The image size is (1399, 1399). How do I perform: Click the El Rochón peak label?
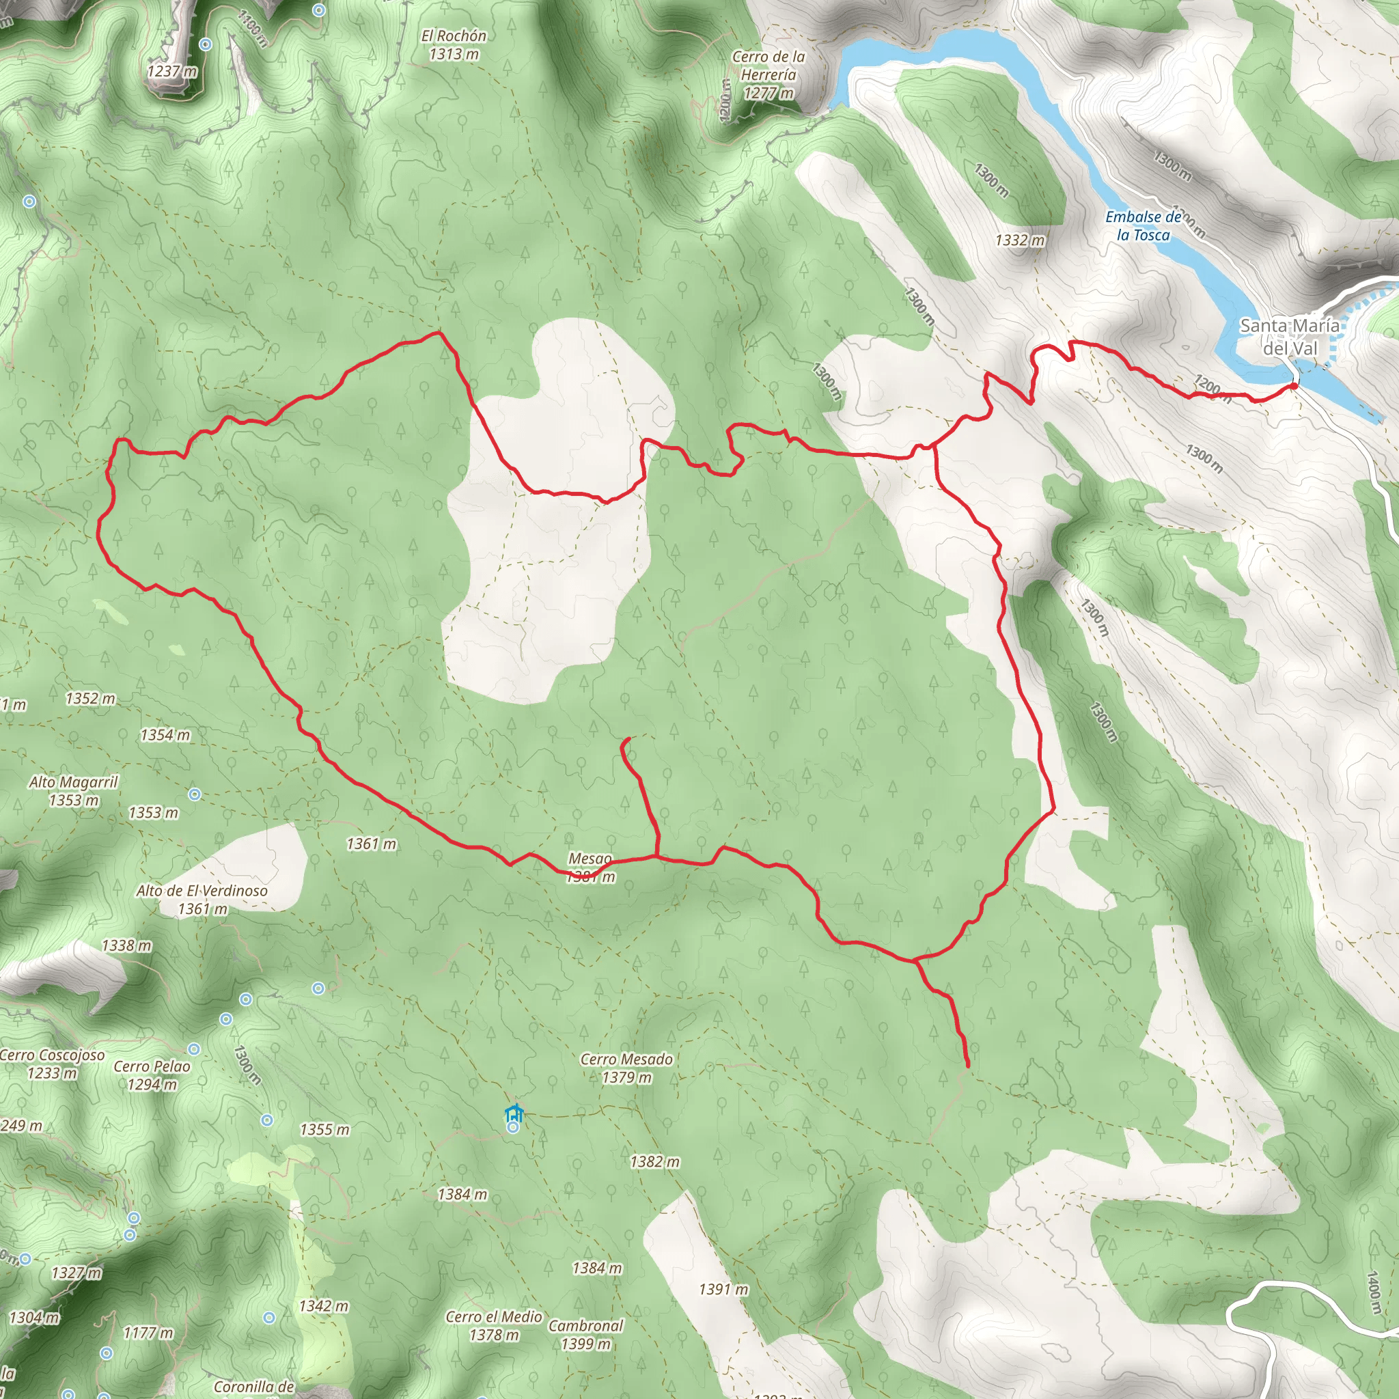click(x=454, y=44)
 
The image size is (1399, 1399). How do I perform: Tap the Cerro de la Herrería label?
click(x=768, y=74)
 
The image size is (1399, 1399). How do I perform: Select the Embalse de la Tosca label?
click(x=1143, y=225)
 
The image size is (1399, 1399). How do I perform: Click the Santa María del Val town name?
click(x=1290, y=337)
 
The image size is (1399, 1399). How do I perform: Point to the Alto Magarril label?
click(x=73, y=791)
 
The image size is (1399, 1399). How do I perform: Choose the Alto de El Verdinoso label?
click(x=202, y=900)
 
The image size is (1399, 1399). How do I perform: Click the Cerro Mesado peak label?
click(x=626, y=1068)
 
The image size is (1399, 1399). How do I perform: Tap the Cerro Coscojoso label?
click(x=52, y=1064)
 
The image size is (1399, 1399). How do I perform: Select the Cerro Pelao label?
click(x=152, y=1075)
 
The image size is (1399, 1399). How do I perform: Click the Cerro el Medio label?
click(x=494, y=1325)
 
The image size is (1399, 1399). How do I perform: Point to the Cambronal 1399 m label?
click(x=586, y=1335)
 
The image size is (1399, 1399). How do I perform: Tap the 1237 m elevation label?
click(x=171, y=71)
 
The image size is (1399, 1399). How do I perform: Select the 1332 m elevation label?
click(x=1020, y=240)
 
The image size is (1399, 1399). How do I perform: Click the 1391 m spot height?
click(x=723, y=1290)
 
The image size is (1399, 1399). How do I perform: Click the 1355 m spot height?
click(x=324, y=1130)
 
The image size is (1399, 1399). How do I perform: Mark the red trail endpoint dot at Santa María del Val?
click(x=1293, y=386)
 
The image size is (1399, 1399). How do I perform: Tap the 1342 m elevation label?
click(x=324, y=1306)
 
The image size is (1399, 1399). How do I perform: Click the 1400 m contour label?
click(x=1372, y=1293)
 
